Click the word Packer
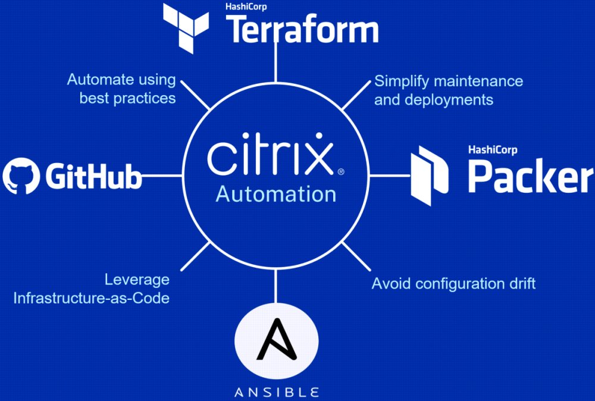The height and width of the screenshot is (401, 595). coord(530,177)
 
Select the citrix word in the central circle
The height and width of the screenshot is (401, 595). coord(269,156)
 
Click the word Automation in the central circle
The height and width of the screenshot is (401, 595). coord(275,194)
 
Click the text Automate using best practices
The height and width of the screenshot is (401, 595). coord(121,89)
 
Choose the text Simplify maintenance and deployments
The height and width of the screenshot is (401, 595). coord(448,90)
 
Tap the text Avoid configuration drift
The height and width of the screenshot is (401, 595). coord(453,283)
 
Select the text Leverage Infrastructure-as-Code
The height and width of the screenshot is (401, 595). coord(92,289)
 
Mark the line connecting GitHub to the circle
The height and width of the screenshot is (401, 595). coord(162,176)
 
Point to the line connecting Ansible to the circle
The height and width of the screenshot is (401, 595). coord(275,286)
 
